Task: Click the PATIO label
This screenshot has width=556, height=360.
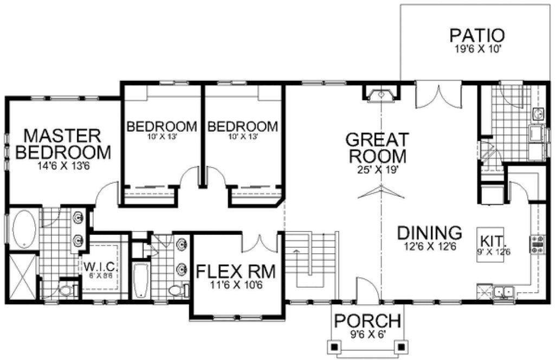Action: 477,36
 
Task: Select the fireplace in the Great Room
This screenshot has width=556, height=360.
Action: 382,95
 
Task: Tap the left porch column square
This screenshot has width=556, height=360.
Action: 335,345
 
